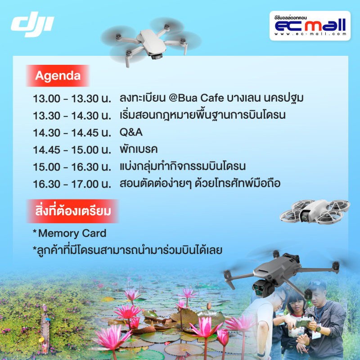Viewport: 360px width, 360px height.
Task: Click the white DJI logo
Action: pyautogui.click(x=32, y=24)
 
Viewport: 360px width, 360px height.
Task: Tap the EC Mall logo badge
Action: pyautogui.click(x=310, y=26)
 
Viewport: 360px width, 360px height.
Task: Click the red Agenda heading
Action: pyautogui.click(x=58, y=76)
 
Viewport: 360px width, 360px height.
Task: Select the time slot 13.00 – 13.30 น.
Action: pyautogui.click(x=72, y=99)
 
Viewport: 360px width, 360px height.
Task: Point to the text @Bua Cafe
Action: pyautogui.click(x=196, y=98)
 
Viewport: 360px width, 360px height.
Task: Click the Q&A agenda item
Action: pyautogui.click(x=131, y=132)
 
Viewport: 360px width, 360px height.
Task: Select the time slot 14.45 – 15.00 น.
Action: pyautogui.click(x=72, y=150)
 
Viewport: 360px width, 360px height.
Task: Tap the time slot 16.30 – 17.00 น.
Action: pyautogui.click(x=72, y=184)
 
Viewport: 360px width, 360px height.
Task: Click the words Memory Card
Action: pyautogui.click(x=72, y=233)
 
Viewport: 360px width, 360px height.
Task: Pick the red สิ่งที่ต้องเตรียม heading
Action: pyautogui.click(x=73, y=211)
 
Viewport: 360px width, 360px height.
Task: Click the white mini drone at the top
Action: pyautogui.click(x=151, y=42)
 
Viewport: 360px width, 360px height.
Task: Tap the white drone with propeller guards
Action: pyautogui.click(x=315, y=211)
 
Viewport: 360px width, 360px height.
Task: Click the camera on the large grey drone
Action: pyautogui.click(x=260, y=288)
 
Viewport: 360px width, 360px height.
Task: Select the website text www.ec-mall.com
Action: pyautogui.click(x=310, y=34)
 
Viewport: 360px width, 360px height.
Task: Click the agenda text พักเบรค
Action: pyautogui.click(x=139, y=149)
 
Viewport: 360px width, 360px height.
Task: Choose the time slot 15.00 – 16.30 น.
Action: pyautogui.click(x=72, y=167)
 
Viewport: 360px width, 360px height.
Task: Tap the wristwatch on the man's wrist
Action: pyautogui.click(x=319, y=329)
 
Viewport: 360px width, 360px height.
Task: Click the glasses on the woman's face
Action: pyautogui.click(x=296, y=302)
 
